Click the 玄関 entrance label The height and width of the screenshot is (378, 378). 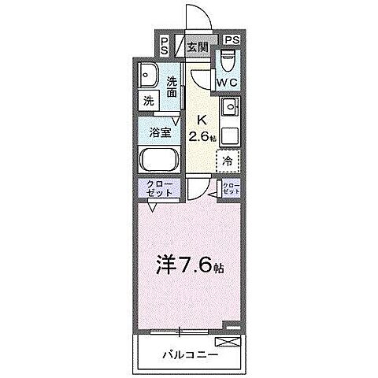click(197, 46)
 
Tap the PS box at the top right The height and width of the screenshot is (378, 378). click(232, 40)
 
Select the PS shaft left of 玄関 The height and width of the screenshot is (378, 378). click(164, 46)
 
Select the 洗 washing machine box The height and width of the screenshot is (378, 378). click(147, 101)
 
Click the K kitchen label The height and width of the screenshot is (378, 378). click(202, 120)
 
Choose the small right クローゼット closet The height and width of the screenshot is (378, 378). click(232, 189)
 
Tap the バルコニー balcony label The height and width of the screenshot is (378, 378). click(187, 354)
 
